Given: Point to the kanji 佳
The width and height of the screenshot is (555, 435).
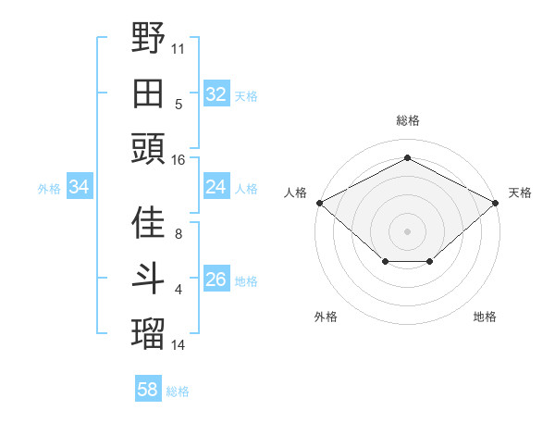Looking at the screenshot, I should coord(149,223).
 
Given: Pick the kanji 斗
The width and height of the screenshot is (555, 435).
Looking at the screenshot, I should coord(149,278).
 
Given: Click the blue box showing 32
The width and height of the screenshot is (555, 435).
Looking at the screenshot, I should coord(216,93).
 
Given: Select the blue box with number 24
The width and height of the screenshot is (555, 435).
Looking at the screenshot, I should coord(216,187).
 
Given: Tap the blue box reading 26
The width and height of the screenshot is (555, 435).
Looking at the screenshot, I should coord(216,280).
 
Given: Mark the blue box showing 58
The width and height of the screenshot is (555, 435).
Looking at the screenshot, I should coord(147,390).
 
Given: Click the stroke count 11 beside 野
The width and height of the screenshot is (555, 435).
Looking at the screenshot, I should coord(179,47).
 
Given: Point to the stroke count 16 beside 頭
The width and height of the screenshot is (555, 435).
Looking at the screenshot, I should coord(179,159).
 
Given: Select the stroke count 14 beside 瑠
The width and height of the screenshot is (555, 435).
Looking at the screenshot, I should coord(179,344).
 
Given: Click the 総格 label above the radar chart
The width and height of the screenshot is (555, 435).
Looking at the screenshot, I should coord(407,121).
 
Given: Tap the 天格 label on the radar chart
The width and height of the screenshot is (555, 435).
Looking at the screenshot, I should coord(520,193).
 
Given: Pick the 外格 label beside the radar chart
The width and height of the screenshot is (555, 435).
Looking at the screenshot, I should coord(325,317).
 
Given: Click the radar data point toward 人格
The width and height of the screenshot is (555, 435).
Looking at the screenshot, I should coord(319,203).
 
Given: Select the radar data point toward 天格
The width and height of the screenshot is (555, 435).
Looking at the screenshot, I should coord(497,203).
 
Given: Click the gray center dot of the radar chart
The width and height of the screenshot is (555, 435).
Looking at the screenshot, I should coord(407,230).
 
